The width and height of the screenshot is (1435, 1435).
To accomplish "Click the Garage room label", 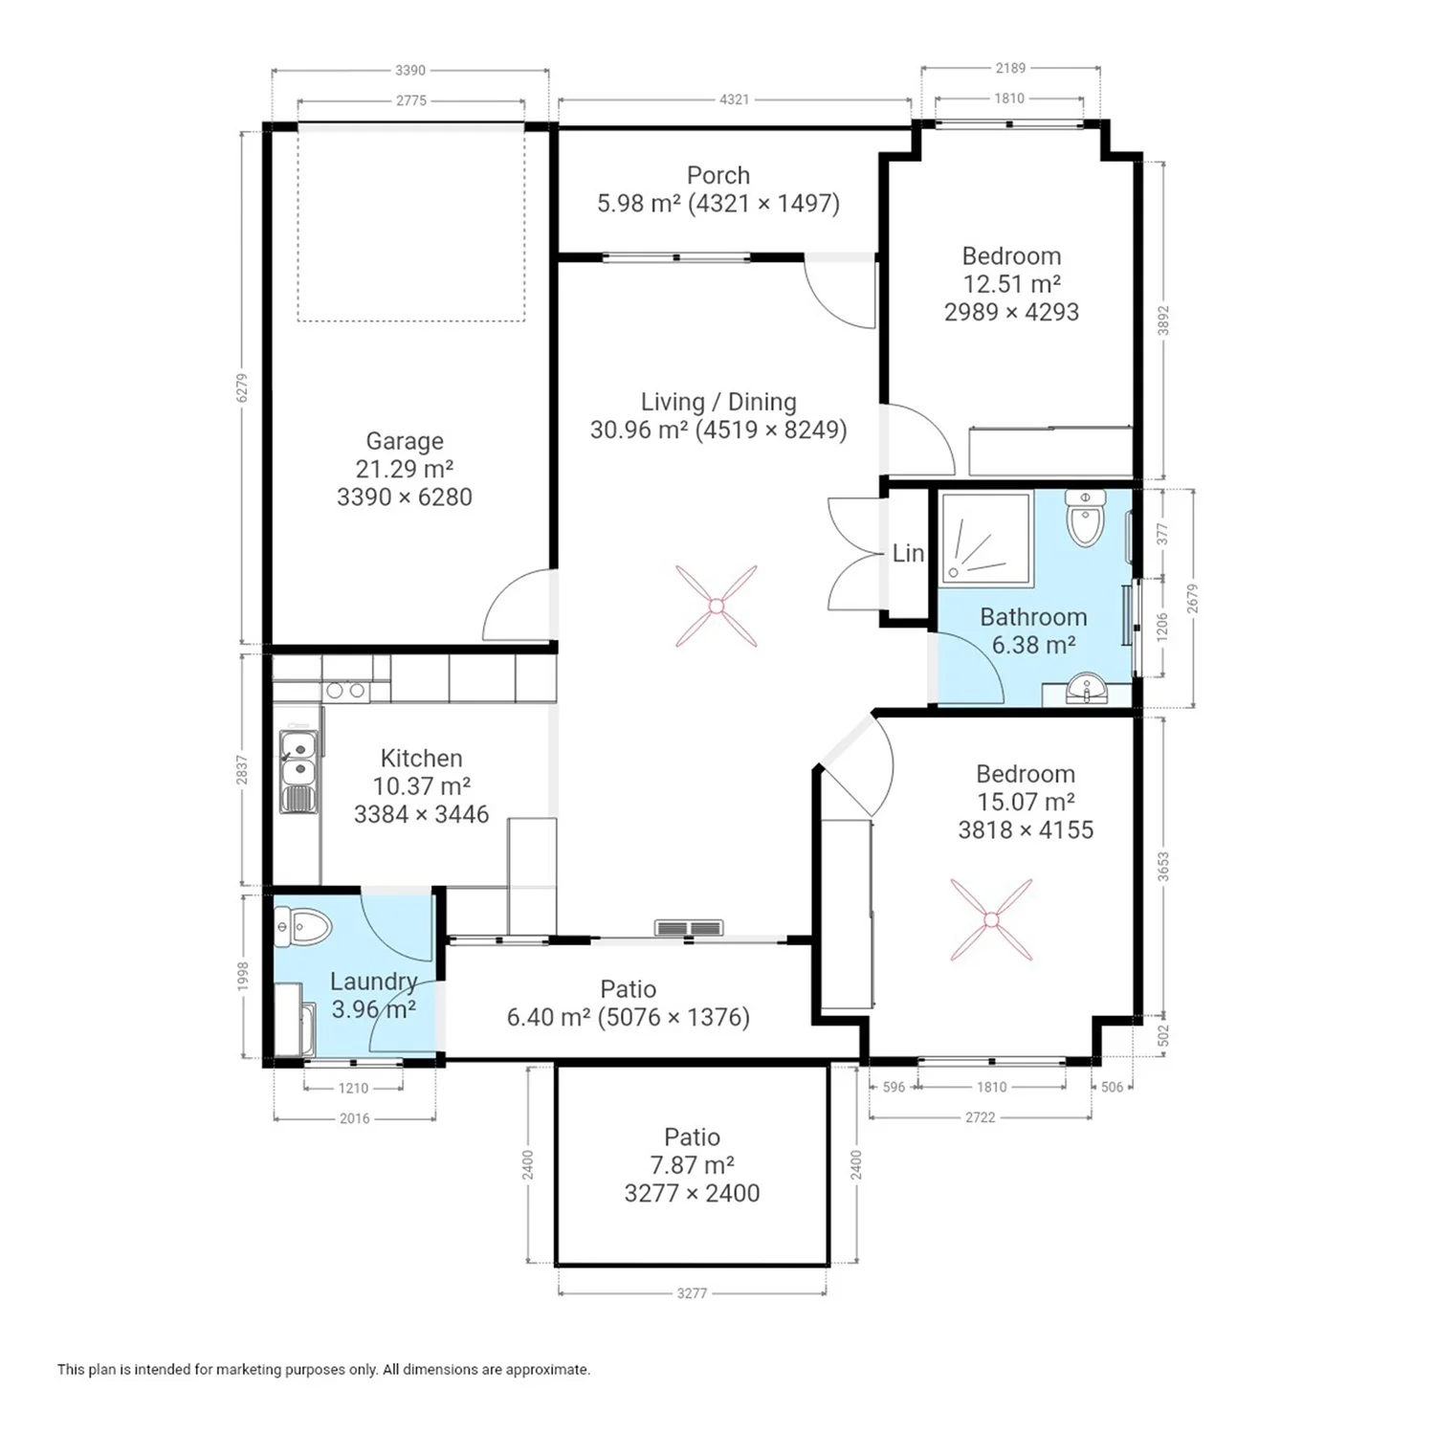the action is click(405, 441).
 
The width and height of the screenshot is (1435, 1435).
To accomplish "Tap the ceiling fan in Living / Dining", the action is click(716, 606).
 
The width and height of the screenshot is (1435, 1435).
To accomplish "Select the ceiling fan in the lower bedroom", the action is click(991, 919).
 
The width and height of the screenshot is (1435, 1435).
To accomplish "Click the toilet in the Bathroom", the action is click(1086, 518).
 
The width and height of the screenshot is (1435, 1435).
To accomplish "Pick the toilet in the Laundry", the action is click(302, 927).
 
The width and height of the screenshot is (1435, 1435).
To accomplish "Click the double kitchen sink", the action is click(299, 771).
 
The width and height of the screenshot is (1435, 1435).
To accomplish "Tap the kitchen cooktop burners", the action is click(345, 690).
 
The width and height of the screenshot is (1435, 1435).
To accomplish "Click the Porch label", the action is click(718, 175).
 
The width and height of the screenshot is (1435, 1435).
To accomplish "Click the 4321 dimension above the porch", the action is click(734, 99).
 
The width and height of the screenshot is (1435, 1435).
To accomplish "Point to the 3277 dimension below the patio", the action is click(692, 1293).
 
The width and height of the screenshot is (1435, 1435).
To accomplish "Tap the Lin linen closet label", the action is click(908, 553).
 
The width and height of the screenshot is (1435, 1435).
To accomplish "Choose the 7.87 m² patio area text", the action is click(692, 1165).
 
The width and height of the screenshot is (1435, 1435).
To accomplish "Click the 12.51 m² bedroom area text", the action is click(1011, 284).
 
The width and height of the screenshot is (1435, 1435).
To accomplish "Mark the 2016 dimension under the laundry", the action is click(354, 1118).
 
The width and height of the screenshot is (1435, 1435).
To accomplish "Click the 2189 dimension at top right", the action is click(1010, 68).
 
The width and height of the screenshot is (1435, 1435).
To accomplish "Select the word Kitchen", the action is click(421, 759).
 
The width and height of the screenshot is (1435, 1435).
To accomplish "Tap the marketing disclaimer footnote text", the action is click(323, 1370).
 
